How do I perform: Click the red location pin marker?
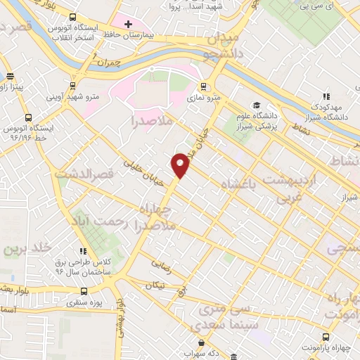(181, 165)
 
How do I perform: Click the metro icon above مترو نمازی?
(203, 87)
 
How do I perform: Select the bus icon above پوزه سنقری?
(84, 291)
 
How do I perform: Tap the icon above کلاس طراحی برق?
(83, 250)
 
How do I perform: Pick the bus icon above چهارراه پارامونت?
(326, 337)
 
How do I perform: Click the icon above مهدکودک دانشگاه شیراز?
(326, 96)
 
